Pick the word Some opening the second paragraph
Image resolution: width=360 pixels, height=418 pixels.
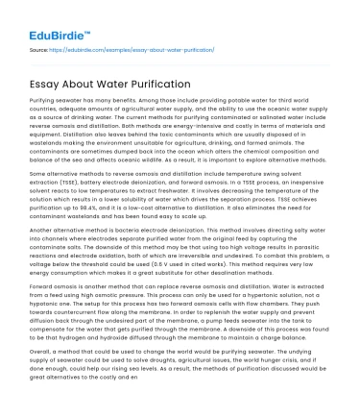pyautogui.click(x=38, y=179)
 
